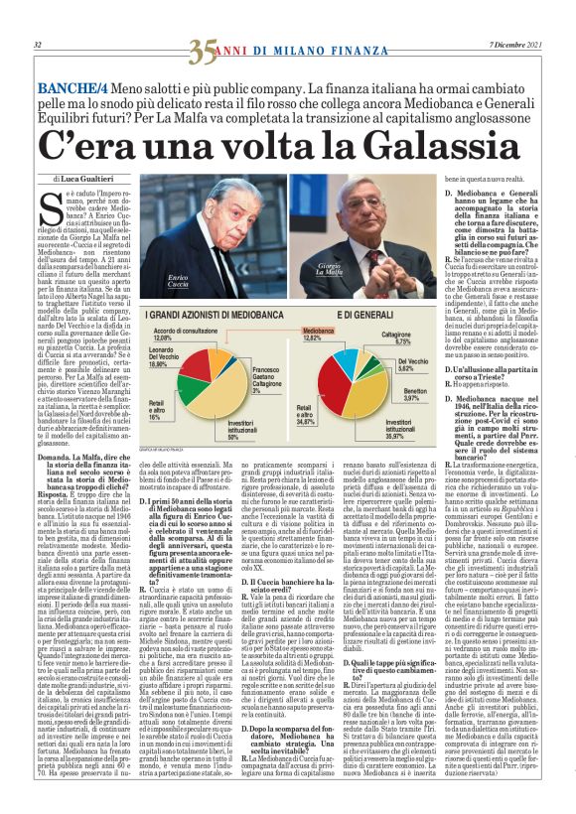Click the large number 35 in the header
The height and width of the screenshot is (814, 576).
(203, 46)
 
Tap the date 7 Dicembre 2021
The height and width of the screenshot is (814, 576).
(516, 46)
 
